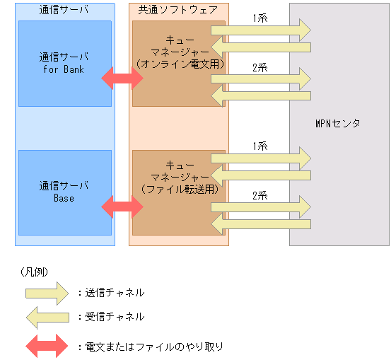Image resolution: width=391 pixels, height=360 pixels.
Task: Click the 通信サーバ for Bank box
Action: click(64, 62)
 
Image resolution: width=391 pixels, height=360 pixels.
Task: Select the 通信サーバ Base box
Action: click(64, 192)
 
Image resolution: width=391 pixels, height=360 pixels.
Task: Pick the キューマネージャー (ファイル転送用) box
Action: click(178, 192)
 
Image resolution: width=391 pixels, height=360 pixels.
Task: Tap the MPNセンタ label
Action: click(337, 124)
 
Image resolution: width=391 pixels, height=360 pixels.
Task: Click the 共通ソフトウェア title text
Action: click(178, 11)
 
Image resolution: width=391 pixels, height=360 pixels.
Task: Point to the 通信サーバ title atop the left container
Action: click(64, 11)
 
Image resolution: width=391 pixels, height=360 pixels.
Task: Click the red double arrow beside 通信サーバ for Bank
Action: click(122, 78)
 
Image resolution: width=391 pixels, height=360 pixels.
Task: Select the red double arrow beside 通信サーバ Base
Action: click(122, 207)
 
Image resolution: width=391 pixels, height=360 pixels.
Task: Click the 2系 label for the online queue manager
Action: click(259, 66)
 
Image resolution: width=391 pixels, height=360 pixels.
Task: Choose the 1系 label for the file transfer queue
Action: click(259, 145)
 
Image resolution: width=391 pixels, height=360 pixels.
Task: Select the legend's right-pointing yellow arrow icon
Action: click(47, 291)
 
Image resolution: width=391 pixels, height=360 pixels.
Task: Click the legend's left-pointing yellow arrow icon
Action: click(47, 317)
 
